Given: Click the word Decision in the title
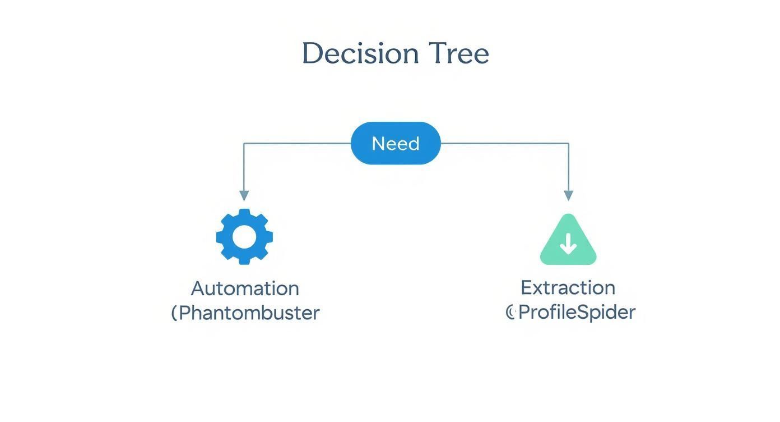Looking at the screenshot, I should (360, 54).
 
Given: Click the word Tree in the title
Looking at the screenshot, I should (459, 54).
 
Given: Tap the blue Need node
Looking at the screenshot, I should (396, 144).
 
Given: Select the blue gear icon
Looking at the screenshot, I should (244, 237).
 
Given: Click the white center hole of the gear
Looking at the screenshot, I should (244, 237).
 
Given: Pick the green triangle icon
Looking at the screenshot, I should (568, 241).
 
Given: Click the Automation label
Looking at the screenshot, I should (245, 288).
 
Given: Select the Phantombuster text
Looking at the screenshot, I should (249, 313).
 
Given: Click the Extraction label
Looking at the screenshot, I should (568, 288).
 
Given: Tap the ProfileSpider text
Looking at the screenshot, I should (577, 312).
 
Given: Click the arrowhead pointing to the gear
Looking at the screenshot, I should (244, 195).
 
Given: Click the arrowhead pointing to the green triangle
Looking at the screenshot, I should (568, 195).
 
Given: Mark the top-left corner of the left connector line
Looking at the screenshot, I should (244, 144).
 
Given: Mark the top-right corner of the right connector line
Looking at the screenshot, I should (568, 144).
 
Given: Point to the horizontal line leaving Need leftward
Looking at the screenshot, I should (297, 144).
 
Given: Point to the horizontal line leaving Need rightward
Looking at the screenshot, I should (504, 144).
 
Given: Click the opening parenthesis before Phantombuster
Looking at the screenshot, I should (174, 313).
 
